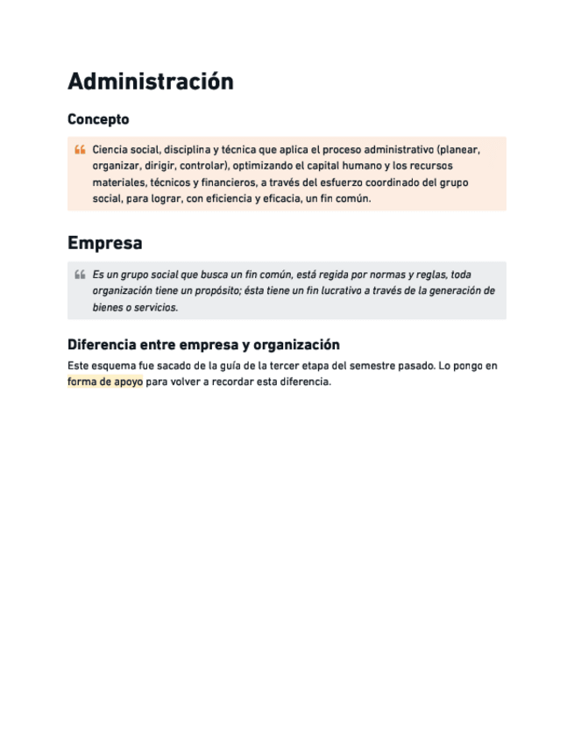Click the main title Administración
tap(150, 82)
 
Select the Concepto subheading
tap(98, 119)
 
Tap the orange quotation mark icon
tap(80, 150)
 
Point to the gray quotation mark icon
tap(80, 275)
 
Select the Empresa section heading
tap(104, 243)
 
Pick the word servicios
tap(155, 307)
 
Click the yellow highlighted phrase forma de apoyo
tap(104, 382)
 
